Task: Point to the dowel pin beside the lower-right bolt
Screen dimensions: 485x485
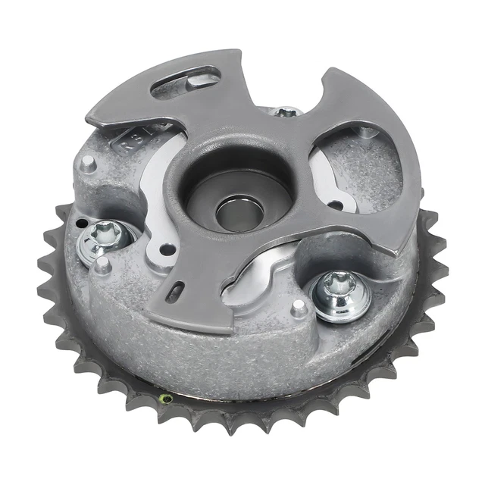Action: pos(298,306)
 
